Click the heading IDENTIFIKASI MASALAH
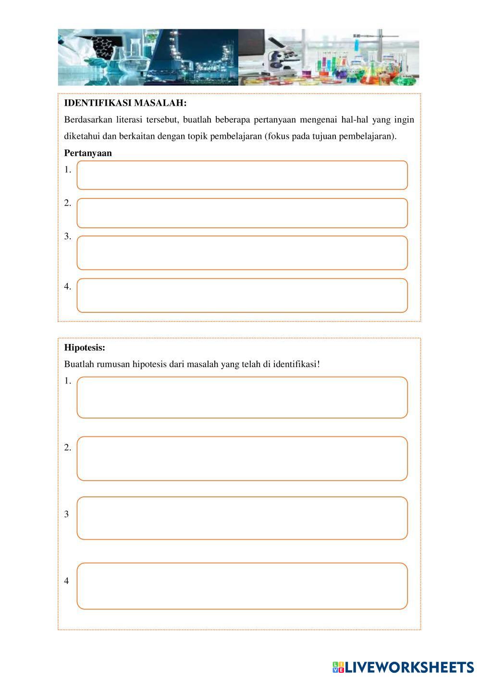coord(125,103)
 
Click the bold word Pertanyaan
coord(88,153)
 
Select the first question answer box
coord(242,175)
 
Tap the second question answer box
coord(242,213)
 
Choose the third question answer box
coord(242,253)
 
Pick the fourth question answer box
coord(242,296)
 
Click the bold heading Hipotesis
coord(85,347)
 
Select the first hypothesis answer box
coord(242,397)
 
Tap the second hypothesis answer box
coord(242,458)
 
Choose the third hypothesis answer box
coord(242,518)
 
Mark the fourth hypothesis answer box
coord(242,586)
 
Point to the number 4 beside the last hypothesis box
coord(66,581)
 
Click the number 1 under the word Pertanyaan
coord(67,170)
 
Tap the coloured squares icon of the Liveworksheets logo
coord(338,667)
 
